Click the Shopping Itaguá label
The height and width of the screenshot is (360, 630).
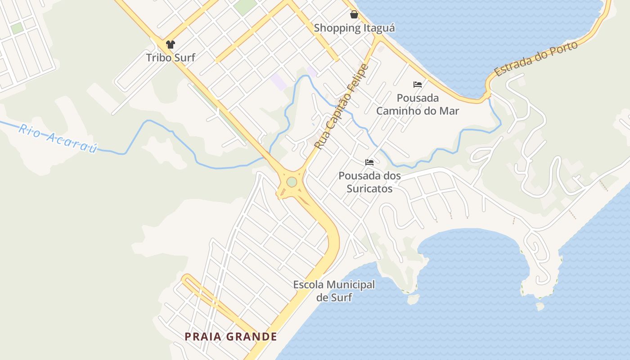(354, 28)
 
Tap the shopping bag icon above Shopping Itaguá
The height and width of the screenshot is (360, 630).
(354, 15)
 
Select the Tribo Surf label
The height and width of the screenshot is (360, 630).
(171, 58)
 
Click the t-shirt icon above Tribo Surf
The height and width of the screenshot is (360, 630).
(170, 45)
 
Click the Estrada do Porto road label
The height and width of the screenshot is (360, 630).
(535, 59)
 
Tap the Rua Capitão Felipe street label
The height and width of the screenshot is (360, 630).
(342, 107)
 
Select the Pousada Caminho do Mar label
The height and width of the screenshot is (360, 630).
(418, 104)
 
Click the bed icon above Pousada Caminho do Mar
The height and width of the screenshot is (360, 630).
(418, 85)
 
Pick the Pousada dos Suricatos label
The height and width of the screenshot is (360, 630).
(369, 182)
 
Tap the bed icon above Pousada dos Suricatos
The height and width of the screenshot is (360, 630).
(369, 162)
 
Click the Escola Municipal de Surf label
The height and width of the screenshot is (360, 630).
(334, 291)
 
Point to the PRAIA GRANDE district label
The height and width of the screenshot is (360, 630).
(231, 337)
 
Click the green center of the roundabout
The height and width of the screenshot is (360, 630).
(292, 182)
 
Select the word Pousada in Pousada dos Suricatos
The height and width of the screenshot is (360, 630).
(357, 175)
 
